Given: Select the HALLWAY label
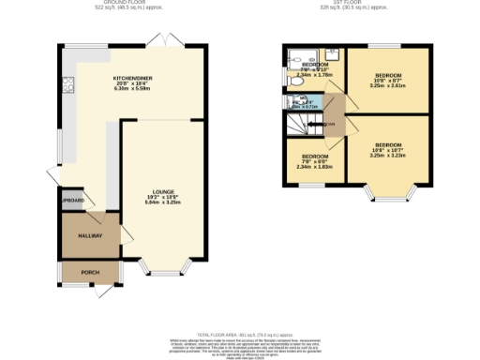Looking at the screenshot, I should pyautogui.click(x=90, y=236).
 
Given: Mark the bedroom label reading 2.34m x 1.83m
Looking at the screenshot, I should pyautogui.click(x=312, y=161).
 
